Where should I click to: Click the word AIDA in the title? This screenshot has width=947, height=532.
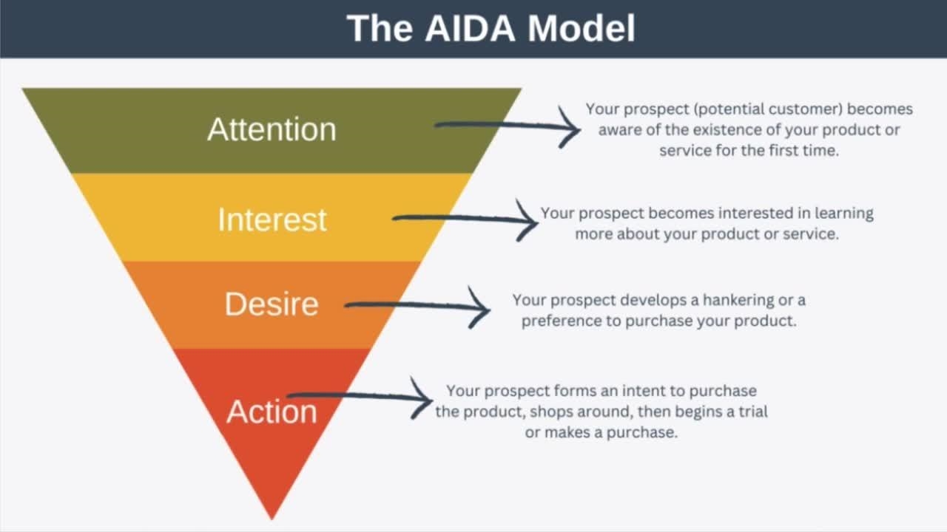click(470, 28)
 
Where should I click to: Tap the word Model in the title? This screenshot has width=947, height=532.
click(582, 28)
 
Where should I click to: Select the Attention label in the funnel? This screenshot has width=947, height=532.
click(272, 129)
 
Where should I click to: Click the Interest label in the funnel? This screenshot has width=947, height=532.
click(272, 219)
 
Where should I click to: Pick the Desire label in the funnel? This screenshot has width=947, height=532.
click(272, 304)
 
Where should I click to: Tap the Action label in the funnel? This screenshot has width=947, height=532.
click(272, 412)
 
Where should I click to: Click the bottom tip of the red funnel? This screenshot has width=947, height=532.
click(272, 519)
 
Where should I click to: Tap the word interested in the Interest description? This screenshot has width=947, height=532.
click(756, 214)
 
